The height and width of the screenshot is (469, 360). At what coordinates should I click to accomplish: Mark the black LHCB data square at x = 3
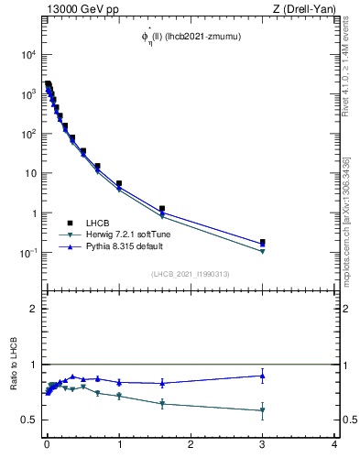[263, 243]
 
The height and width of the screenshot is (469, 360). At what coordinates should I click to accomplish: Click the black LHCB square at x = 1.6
[162, 209]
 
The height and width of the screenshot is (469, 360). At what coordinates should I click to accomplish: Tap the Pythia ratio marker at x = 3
[263, 375]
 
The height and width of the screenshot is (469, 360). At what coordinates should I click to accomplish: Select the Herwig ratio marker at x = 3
[263, 410]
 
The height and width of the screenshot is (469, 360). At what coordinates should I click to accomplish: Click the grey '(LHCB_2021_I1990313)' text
[190, 274]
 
